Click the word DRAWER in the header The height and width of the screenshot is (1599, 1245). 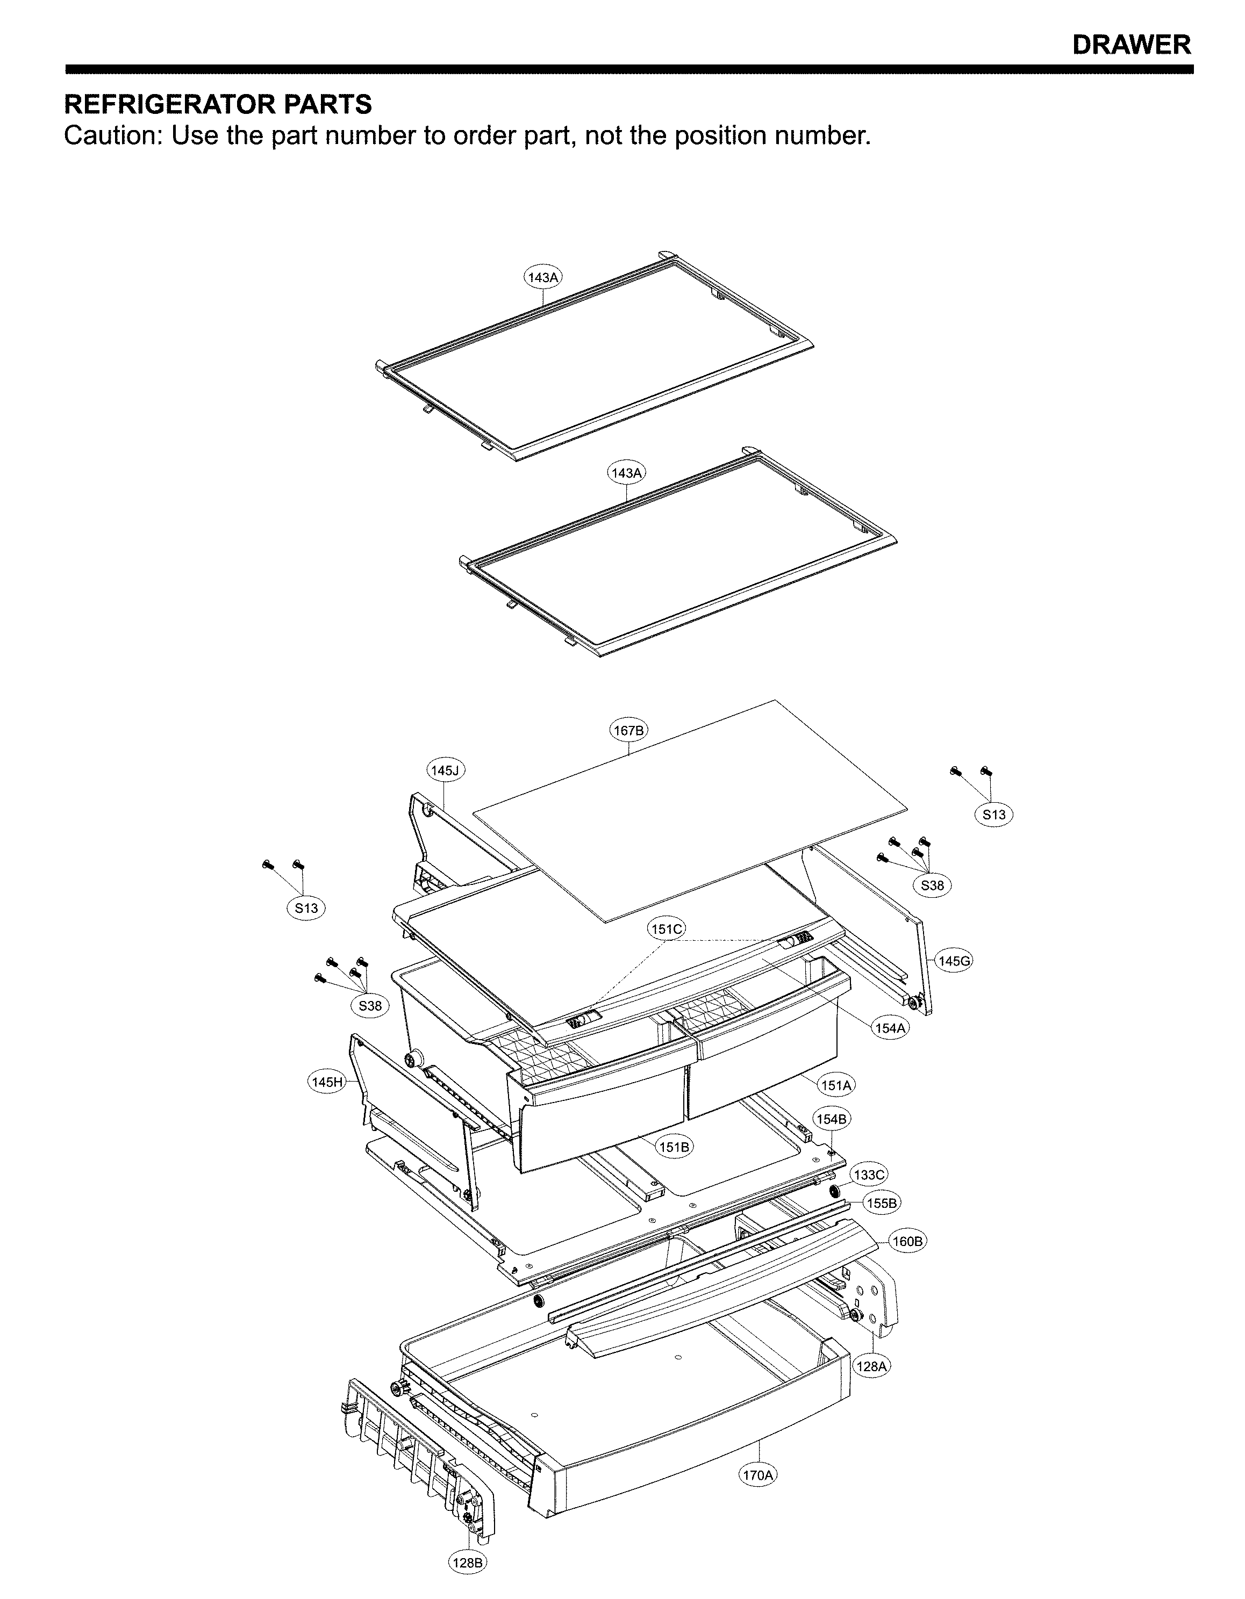1132,45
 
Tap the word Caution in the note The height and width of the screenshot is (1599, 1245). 110,136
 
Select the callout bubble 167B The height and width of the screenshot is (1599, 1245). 629,730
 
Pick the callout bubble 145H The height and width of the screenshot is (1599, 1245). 327,1082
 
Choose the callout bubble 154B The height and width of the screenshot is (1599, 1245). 833,1119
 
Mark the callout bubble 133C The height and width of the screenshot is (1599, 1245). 870,1175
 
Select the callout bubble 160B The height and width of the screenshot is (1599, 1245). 908,1241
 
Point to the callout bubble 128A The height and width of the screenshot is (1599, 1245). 874,1366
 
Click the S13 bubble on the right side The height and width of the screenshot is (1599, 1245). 994,814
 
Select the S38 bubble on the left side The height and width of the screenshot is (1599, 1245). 370,1006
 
